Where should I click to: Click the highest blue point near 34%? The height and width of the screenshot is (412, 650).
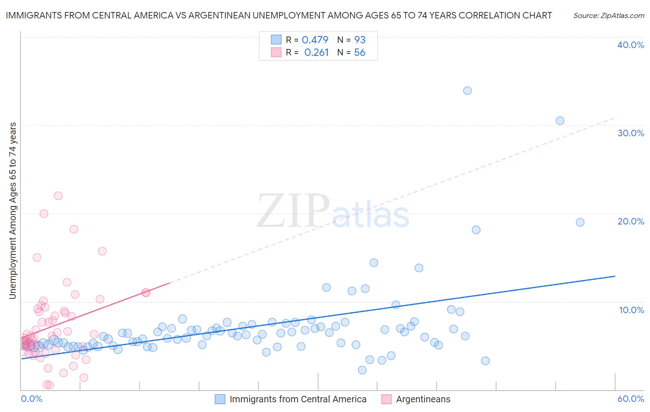pyautogui.click(x=467, y=91)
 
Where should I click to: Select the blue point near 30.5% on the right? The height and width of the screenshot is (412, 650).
pyautogui.click(x=560, y=121)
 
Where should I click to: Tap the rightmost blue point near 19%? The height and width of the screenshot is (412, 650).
pyautogui.click(x=580, y=222)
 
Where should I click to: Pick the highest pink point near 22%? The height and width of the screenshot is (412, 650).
pyautogui.click(x=58, y=195)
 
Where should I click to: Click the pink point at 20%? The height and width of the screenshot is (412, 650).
pyautogui.click(x=44, y=213)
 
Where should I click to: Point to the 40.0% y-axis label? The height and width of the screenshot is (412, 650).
pyautogui.click(x=631, y=45)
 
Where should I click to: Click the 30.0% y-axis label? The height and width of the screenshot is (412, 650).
pyautogui.click(x=631, y=133)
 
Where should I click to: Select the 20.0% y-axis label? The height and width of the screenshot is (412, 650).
pyautogui.click(x=631, y=221)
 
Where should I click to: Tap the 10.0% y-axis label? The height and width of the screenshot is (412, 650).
pyautogui.click(x=632, y=310)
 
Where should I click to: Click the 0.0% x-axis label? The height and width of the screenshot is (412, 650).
pyautogui.click(x=31, y=399)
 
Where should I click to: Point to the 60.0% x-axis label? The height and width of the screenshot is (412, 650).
pyautogui.click(x=631, y=399)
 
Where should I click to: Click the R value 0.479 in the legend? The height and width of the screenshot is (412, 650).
pyautogui.click(x=315, y=40)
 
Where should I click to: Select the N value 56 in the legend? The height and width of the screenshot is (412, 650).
pyautogui.click(x=360, y=53)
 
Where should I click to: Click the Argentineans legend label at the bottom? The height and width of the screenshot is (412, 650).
pyautogui.click(x=423, y=399)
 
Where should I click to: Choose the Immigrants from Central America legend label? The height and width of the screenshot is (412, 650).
pyautogui.click(x=298, y=399)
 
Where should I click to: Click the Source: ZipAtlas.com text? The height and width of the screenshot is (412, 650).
pyautogui.click(x=608, y=16)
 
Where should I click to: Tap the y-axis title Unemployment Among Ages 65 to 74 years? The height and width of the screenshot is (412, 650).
pyautogui.click(x=13, y=211)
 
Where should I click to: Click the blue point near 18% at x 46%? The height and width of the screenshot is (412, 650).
pyautogui.click(x=476, y=230)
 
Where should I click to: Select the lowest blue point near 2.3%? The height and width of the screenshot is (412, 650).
pyautogui.click(x=362, y=370)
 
